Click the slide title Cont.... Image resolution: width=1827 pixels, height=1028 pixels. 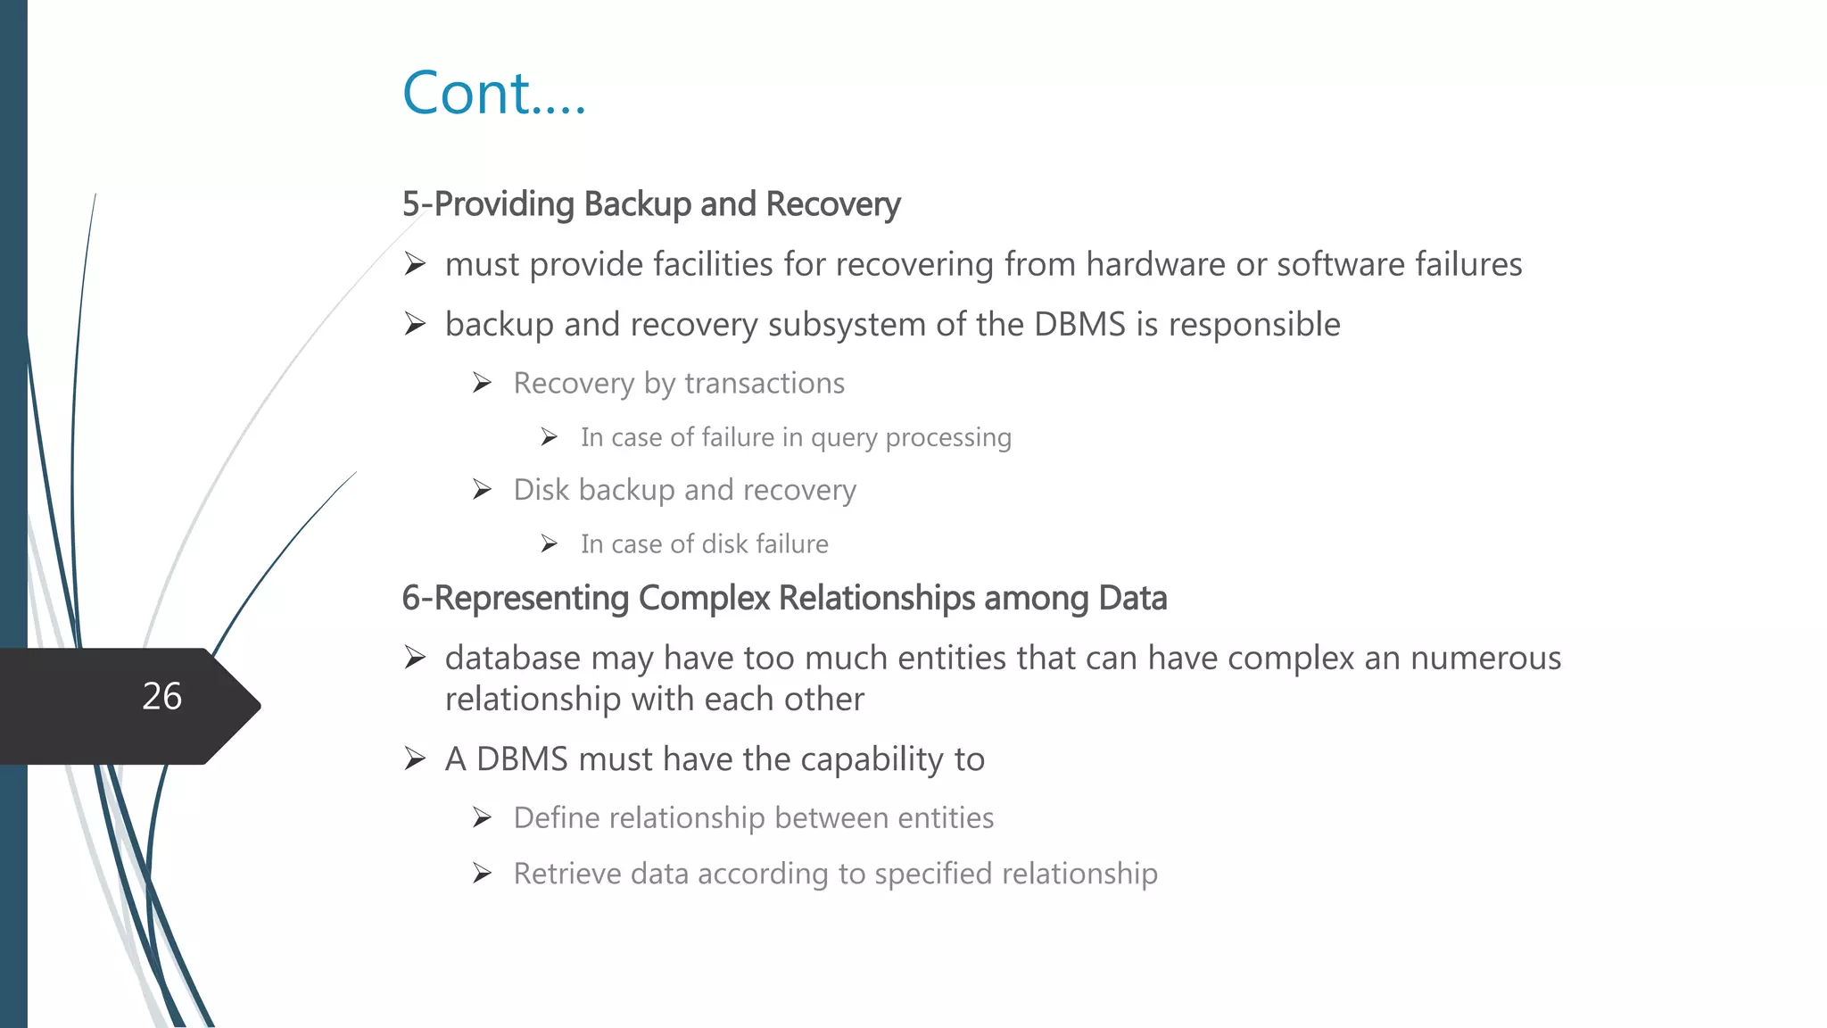click(493, 93)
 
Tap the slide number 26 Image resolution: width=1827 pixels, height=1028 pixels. click(161, 696)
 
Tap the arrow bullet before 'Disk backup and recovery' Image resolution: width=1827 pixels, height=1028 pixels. click(483, 490)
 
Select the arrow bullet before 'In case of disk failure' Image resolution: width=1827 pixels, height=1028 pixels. click(550, 543)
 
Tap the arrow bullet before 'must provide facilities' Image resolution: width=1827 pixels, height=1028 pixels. click(415, 264)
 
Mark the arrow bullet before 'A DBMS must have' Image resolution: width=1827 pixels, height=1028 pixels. click(415, 759)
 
